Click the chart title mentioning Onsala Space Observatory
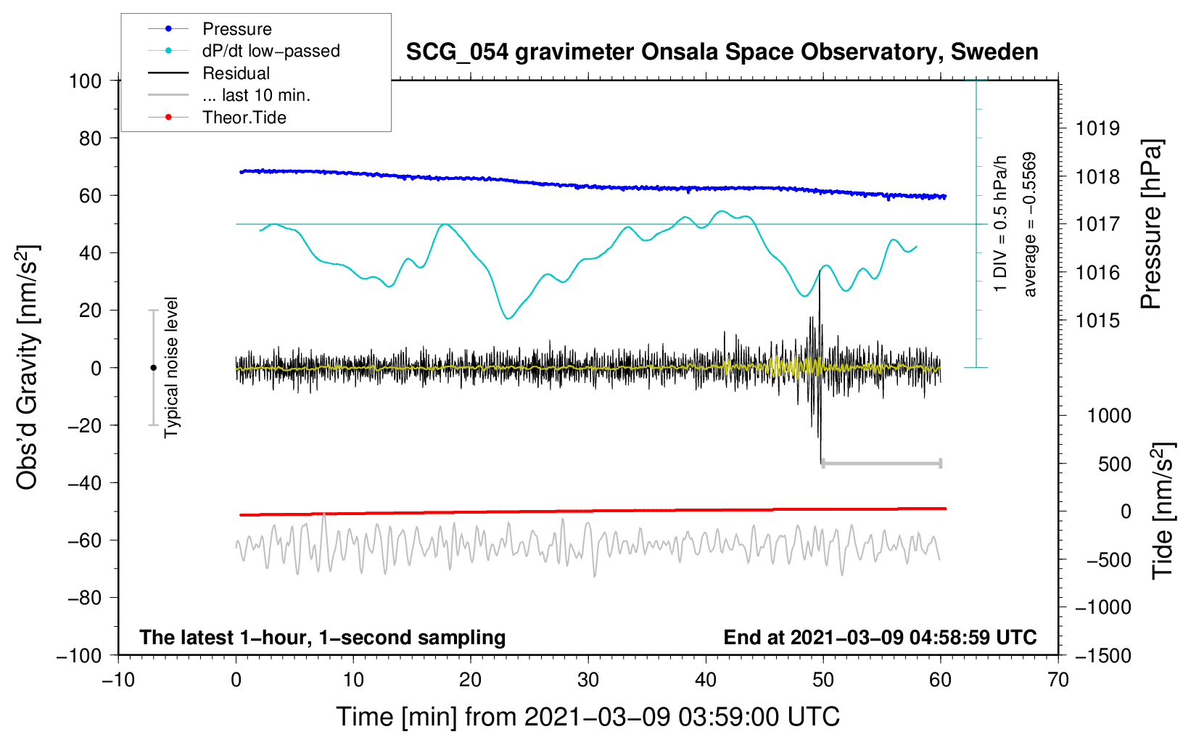click(x=722, y=52)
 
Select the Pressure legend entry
click(x=236, y=29)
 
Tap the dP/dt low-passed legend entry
click(x=271, y=51)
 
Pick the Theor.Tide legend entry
click(x=244, y=118)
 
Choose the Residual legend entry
click(x=236, y=73)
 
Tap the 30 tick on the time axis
click(x=588, y=680)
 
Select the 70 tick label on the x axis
click(x=1058, y=680)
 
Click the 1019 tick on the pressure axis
click(x=1097, y=128)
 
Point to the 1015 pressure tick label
click(x=1097, y=321)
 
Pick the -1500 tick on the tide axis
click(x=1102, y=656)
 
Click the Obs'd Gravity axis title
click(x=28, y=368)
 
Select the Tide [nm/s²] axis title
click(x=1162, y=511)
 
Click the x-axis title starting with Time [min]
click(x=588, y=717)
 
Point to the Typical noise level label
click(x=171, y=368)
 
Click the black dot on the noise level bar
click(x=153, y=368)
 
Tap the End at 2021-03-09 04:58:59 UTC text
click(x=880, y=638)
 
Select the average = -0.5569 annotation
click(x=1030, y=224)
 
